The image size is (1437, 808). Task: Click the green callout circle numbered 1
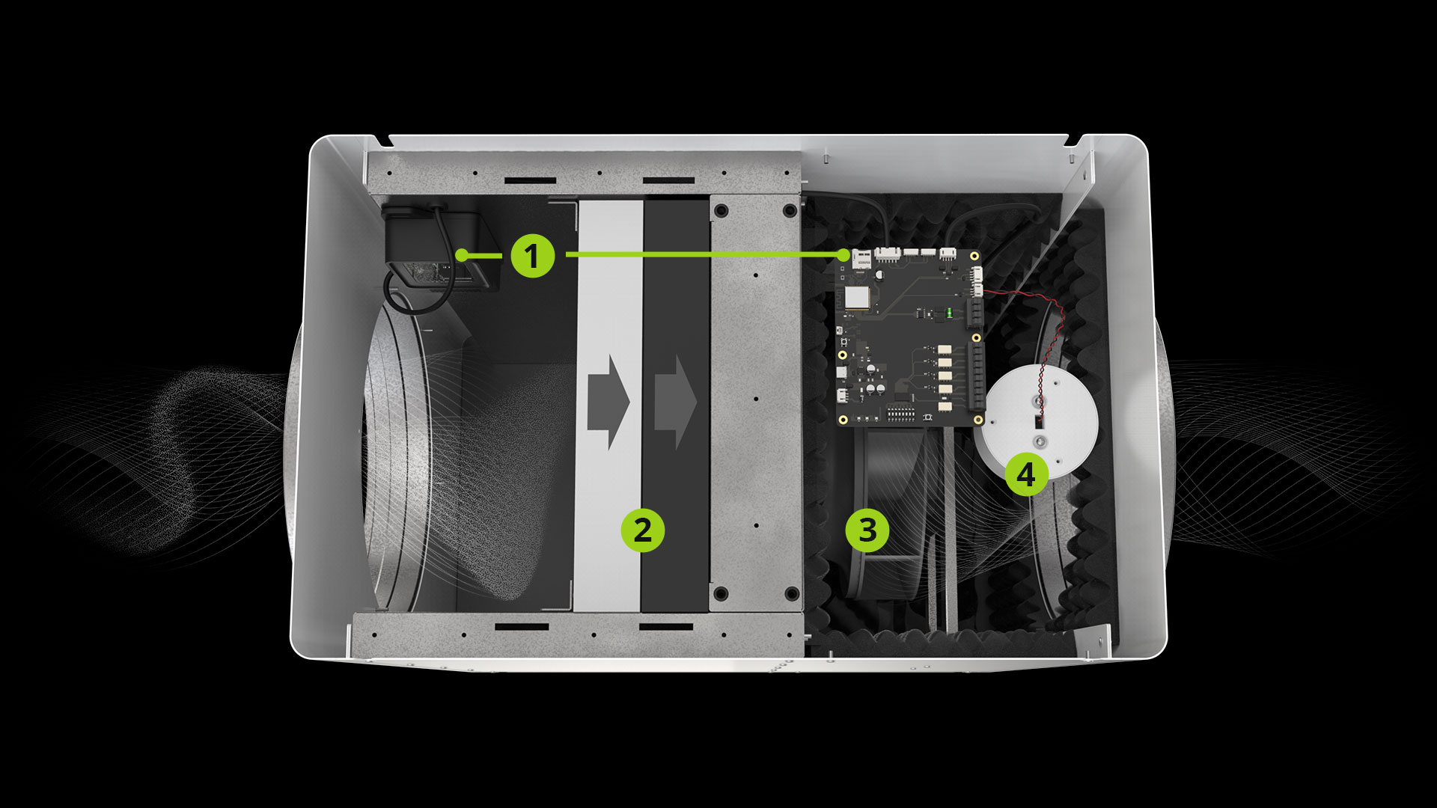(x=532, y=256)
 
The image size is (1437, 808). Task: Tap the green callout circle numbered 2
(x=643, y=530)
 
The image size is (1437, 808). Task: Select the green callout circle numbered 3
(x=867, y=530)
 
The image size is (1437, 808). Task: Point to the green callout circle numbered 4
(x=1026, y=474)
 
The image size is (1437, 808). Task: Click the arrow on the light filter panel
(x=608, y=402)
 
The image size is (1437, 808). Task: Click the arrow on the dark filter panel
(x=675, y=402)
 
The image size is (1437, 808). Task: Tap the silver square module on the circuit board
(x=857, y=297)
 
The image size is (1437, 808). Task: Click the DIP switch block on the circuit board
(x=900, y=412)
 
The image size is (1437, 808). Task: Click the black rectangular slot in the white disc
(x=1039, y=422)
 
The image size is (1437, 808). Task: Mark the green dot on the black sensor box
(x=462, y=255)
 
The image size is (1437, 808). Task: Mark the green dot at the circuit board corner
(x=846, y=255)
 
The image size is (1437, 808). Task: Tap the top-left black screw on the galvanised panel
(x=720, y=210)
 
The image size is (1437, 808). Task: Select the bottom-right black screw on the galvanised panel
(x=790, y=594)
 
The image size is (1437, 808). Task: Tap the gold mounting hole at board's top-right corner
(x=974, y=257)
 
